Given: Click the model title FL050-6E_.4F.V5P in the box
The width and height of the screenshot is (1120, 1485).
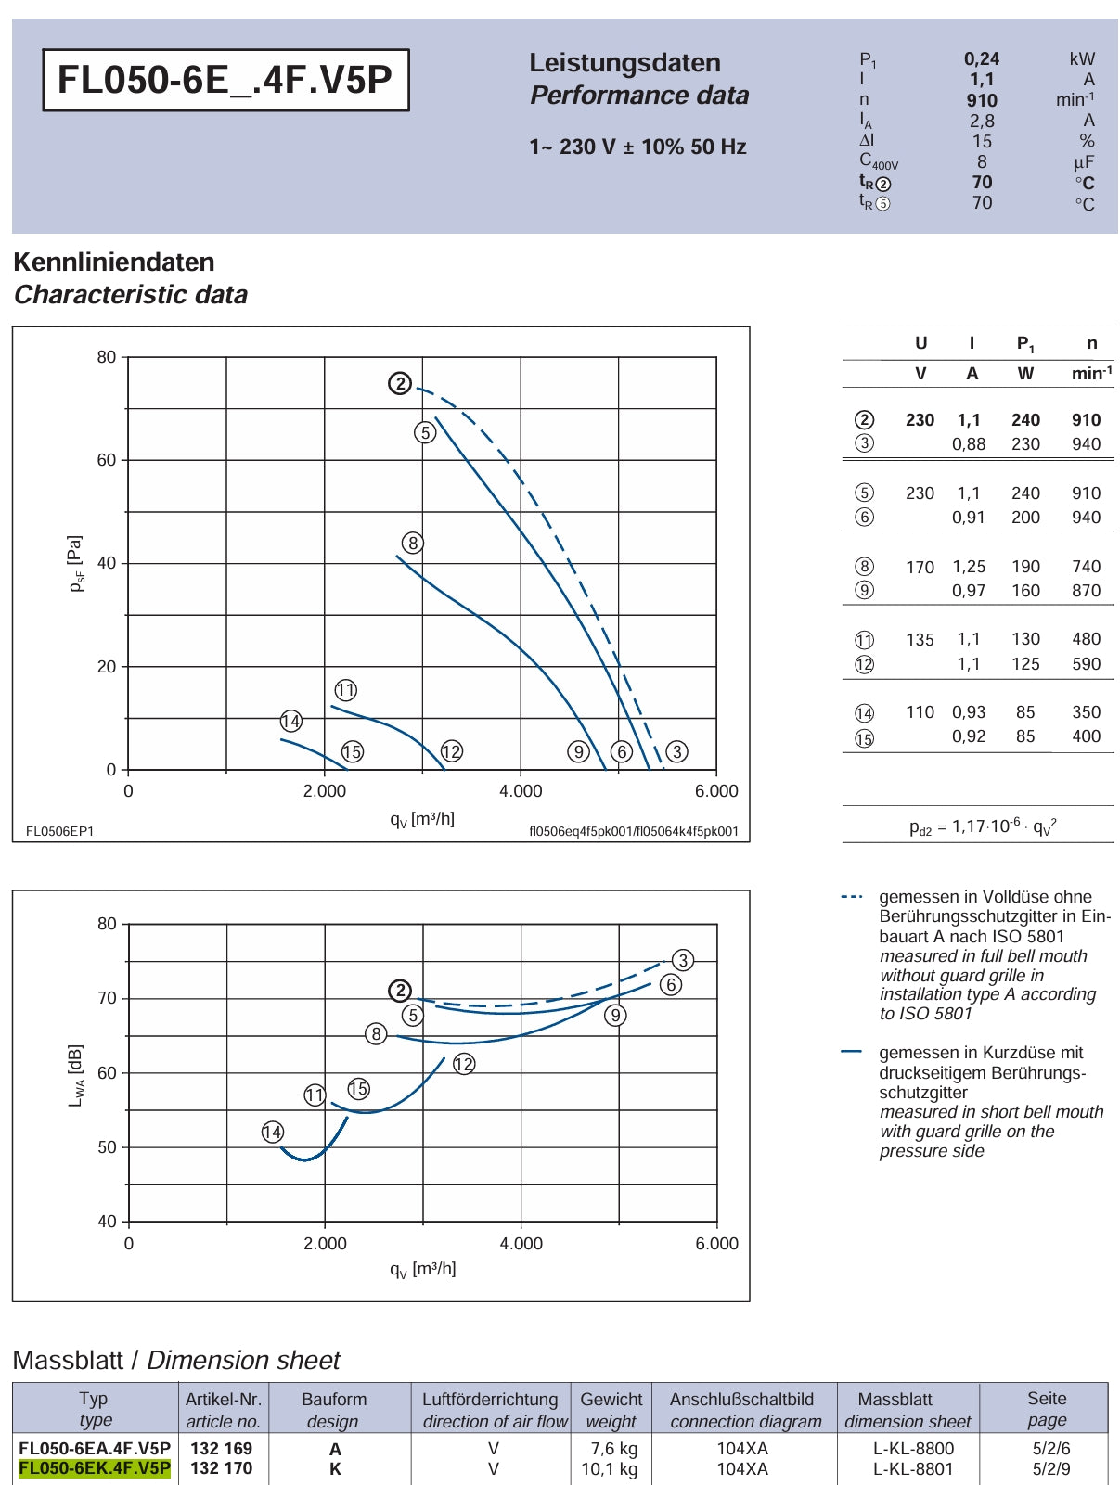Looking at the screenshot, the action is pyautogui.click(x=225, y=79).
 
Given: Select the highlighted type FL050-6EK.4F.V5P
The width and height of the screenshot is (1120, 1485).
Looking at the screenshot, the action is pyautogui.click(x=94, y=1468).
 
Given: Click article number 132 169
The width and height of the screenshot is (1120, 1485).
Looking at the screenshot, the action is pyautogui.click(x=221, y=1449).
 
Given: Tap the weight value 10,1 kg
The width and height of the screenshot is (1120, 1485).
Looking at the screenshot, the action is pyautogui.click(x=609, y=1468).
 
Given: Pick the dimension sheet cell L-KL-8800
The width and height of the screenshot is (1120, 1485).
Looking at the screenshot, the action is pyautogui.click(x=913, y=1449).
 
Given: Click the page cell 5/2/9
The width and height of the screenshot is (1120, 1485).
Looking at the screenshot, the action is pyautogui.click(x=1051, y=1468).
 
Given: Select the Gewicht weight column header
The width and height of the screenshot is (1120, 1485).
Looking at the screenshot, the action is pyautogui.click(x=611, y=1409).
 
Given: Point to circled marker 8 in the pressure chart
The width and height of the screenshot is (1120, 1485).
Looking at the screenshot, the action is pyautogui.click(x=412, y=543).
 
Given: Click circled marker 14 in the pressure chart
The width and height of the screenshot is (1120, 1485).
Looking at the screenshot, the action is pyautogui.click(x=291, y=722).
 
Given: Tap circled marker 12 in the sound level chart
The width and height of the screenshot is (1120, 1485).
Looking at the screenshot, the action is pyautogui.click(x=464, y=1064).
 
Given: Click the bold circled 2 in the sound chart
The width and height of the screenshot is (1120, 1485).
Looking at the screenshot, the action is pyautogui.click(x=400, y=992).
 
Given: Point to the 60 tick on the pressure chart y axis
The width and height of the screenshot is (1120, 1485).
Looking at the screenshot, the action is pyautogui.click(x=107, y=460).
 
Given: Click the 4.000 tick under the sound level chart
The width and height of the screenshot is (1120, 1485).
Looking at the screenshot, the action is pyautogui.click(x=521, y=1244).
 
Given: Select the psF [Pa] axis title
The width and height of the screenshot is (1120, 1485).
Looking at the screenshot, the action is pyautogui.click(x=76, y=564).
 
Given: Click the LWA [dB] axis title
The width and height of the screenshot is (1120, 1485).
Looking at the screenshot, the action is pyautogui.click(x=76, y=1075).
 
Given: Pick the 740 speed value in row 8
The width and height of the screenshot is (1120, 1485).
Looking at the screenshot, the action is pyautogui.click(x=1086, y=566).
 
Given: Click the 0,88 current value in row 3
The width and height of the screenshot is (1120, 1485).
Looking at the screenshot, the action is pyautogui.click(x=969, y=443).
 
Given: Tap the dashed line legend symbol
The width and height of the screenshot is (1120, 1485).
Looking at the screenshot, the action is pyautogui.click(x=852, y=896).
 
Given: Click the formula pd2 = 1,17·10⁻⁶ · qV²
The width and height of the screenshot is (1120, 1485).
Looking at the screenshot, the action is pyautogui.click(x=983, y=826).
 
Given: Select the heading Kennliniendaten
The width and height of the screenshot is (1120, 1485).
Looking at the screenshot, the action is pyautogui.click(x=114, y=262).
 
